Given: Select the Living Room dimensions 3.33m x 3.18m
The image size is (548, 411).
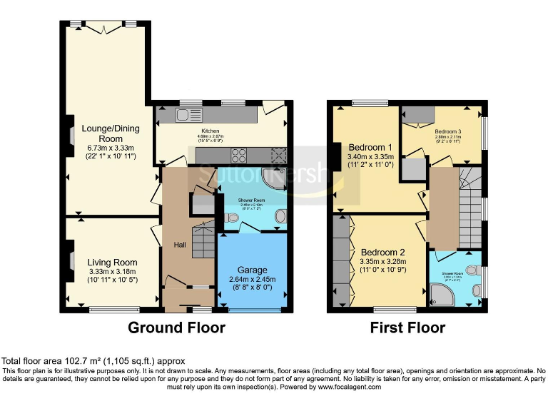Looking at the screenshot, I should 111,272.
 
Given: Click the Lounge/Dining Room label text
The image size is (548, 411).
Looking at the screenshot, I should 111,133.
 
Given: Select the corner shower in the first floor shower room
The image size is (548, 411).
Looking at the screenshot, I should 440,295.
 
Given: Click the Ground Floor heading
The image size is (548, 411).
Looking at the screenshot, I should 176,328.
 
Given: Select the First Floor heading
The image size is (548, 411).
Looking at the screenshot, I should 407,328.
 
